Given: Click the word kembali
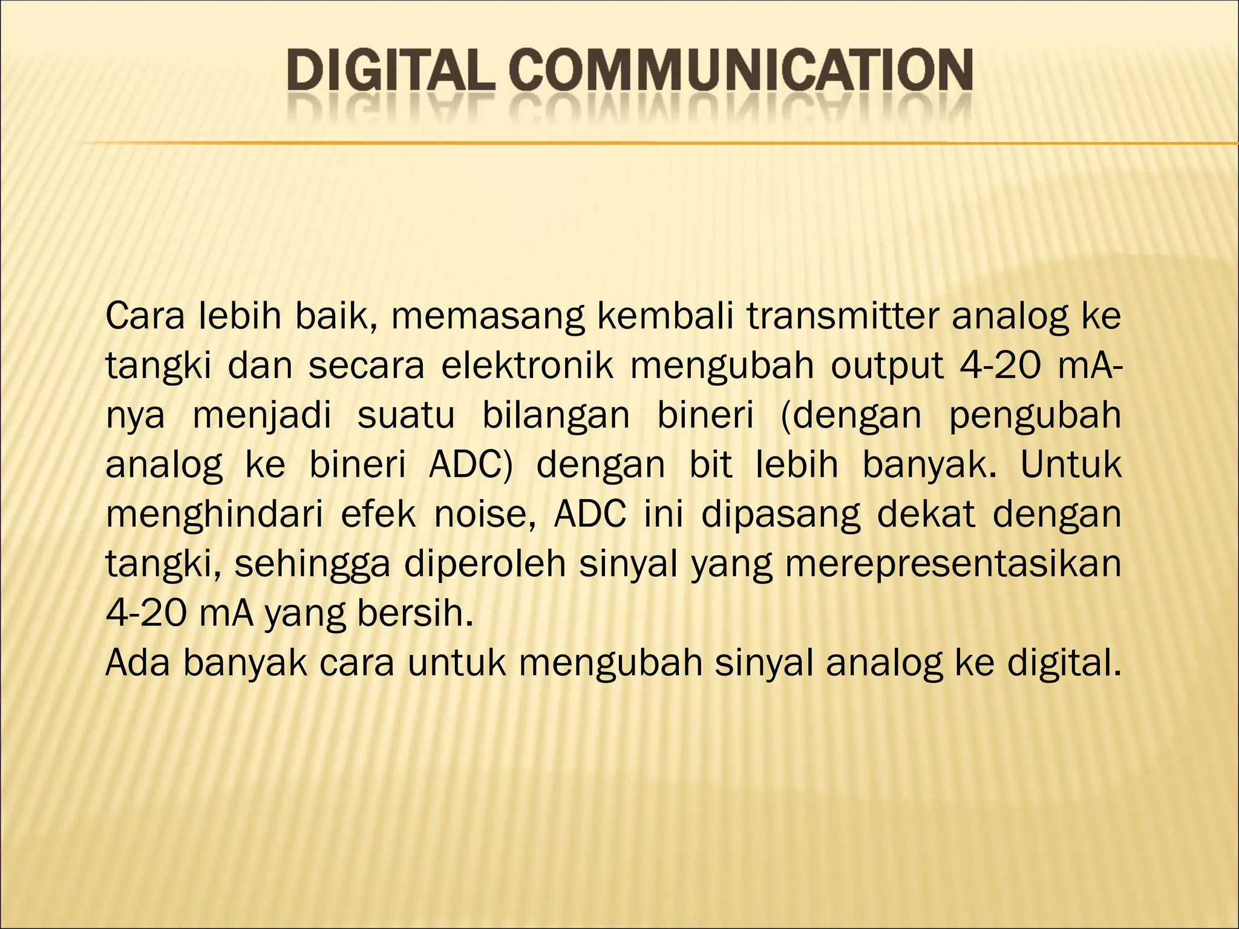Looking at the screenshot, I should click(664, 317).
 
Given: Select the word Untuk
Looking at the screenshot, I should click(1071, 464).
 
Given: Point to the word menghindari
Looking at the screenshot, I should click(214, 515).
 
